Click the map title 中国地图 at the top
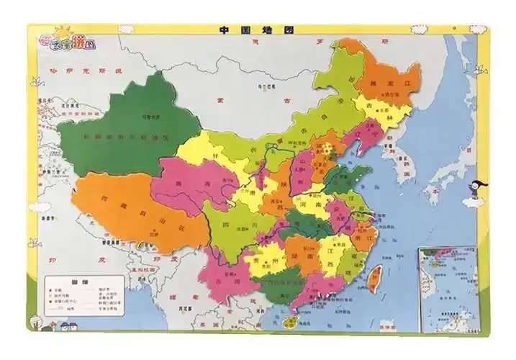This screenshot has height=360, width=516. point(257,31)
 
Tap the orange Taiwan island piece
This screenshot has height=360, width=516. point(374,278)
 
